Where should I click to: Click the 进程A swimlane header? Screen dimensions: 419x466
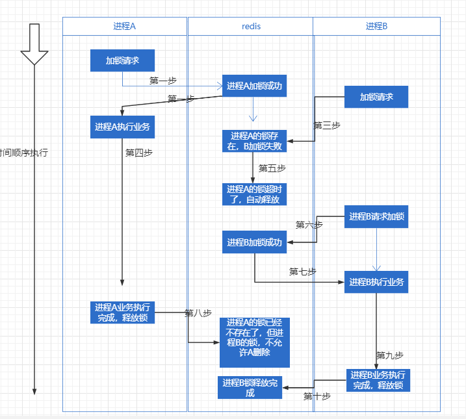pyautogui.click(x=124, y=26)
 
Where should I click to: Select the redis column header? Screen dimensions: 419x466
pyautogui.click(x=250, y=26)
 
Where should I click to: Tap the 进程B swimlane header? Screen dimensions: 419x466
pyautogui.click(x=376, y=26)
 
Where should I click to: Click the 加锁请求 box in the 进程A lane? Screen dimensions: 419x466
pyautogui.click(x=122, y=61)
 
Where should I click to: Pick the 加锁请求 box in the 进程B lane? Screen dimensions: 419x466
pyautogui.click(x=376, y=97)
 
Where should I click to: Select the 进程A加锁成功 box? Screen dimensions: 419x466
pyautogui.click(x=254, y=86)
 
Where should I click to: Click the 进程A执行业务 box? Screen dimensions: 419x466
pyautogui.click(x=122, y=127)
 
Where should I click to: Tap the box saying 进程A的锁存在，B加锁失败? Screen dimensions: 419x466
pyautogui.click(x=254, y=141)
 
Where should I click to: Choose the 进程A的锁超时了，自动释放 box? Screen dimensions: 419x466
pyautogui.click(x=254, y=194)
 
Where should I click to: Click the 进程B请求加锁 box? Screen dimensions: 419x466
pyautogui.click(x=376, y=216)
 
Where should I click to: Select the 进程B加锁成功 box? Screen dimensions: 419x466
pyautogui.click(x=254, y=242)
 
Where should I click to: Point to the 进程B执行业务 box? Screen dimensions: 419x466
pyautogui.click(x=376, y=282)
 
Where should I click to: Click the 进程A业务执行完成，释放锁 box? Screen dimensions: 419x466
pyautogui.click(x=122, y=312)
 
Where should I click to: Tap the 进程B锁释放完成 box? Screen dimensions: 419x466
pyautogui.click(x=250, y=387)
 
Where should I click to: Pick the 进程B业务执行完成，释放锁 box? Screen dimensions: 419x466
pyautogui.click(x=378, y=380)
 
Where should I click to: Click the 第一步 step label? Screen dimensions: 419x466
pyautogui.click(x=162, y=81)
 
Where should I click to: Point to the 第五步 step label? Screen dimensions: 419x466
pyautogui.click(x=272, y=168)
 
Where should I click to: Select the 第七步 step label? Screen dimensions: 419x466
pyautogui.click(x=302, y=272)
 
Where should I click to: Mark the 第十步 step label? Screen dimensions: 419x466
pyautogui.click(x=317, y=396)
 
